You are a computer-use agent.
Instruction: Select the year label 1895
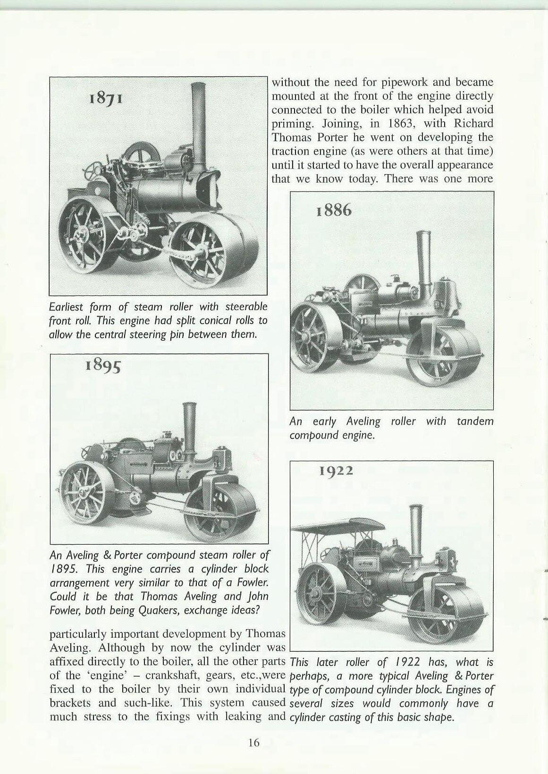(x=103, y=366)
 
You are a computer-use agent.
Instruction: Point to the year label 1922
(x=337, y=471)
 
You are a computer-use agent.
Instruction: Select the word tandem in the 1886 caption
(x=475, y=421)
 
